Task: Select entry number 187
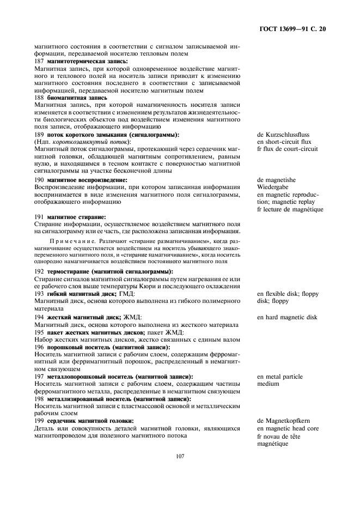coord(39,62)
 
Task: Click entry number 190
coord(39,179)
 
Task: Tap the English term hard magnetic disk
coord(292,317)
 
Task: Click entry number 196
coord(39,347)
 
